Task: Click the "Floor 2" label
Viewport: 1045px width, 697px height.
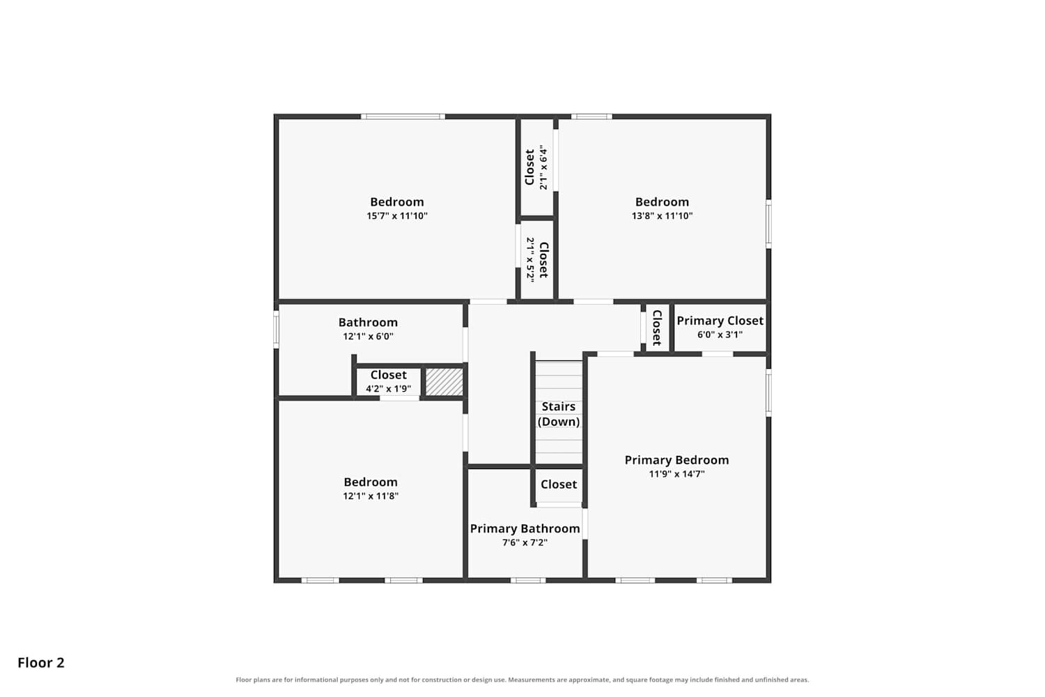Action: coord(41,662)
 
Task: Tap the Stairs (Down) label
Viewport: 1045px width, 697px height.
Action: coord(559,414)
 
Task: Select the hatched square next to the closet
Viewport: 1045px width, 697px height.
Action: coord(444,382)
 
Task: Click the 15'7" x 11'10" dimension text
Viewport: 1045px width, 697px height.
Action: coord(397,215)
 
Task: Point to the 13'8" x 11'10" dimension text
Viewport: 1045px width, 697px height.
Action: coord(662,215)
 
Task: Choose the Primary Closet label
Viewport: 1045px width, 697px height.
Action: coord(720,321)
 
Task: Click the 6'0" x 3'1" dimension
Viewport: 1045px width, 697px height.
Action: coord(720,335)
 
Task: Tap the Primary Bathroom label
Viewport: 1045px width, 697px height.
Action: coord(525,528)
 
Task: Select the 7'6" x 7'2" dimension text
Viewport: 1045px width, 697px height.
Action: coord(525,542)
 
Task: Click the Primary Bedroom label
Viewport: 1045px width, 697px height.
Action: coord(676,460)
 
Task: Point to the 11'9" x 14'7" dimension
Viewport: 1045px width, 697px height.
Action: coord(676,474)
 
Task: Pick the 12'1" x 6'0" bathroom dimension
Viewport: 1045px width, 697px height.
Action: coord(368,336)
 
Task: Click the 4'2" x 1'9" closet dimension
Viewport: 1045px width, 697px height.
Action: coord(388,388)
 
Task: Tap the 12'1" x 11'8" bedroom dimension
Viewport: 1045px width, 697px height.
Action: coord(371,496)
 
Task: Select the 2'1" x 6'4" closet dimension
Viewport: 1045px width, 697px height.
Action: coord(543,167)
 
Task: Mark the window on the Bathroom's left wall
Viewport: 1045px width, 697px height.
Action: coord(276,329)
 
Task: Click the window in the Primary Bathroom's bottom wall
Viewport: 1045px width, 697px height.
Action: coord(528,581)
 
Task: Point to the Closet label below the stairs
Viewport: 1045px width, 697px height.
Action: coord(559,484)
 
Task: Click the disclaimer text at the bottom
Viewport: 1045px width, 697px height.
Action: coord(522,680)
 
